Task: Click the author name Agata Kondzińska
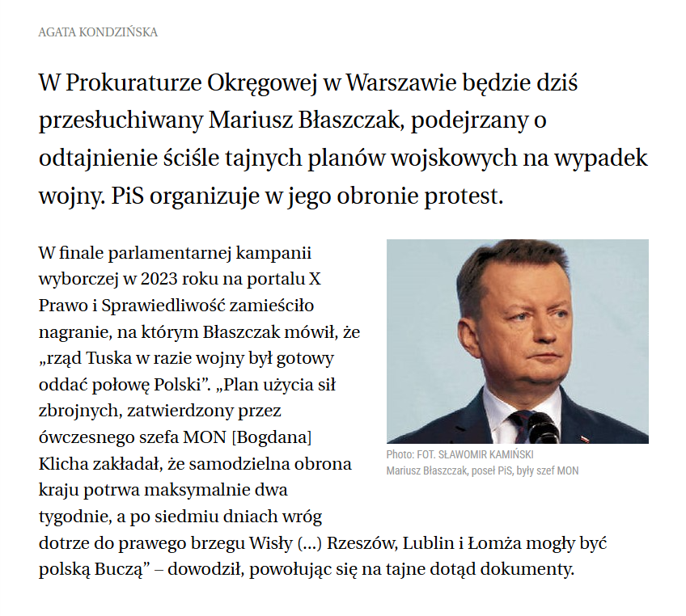[x=98, y=32]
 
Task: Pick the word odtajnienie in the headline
[x=100, y=158]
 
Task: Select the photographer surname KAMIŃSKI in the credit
[x=506, y=455]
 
